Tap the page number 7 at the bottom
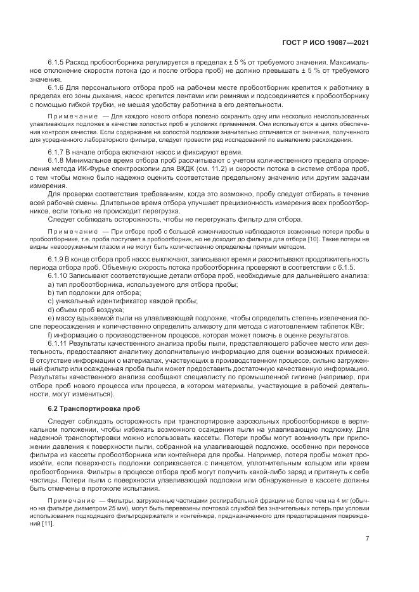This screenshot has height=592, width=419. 368,538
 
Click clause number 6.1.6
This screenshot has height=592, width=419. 58,85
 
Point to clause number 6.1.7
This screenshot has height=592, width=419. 58,152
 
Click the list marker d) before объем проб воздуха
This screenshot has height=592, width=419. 51,301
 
